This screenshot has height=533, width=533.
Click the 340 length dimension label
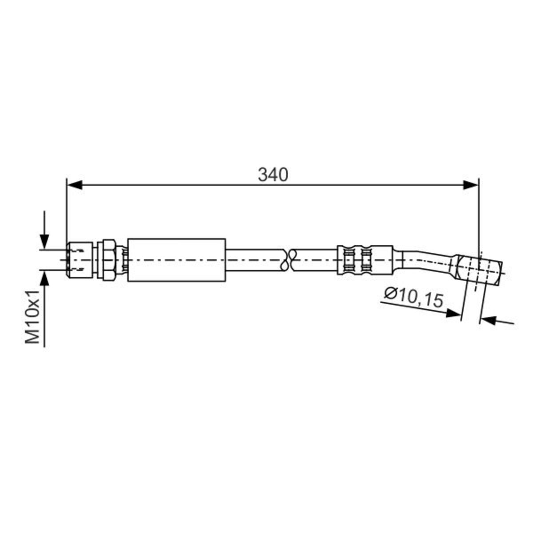click(273, 175)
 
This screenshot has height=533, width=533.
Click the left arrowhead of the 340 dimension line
click(75, 185)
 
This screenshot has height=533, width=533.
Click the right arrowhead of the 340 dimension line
click(470, 185)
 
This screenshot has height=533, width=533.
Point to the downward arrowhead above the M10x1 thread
click(44, 243)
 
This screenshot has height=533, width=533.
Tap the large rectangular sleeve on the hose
click(176, 260)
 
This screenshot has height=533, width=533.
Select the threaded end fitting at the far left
click(80, 260)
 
